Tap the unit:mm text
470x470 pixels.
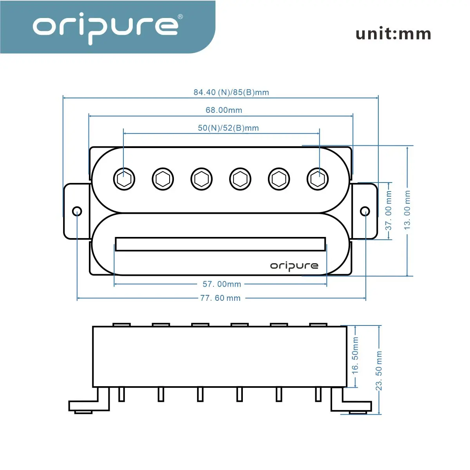click(393, 34)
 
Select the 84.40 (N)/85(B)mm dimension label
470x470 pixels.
click(231, 92)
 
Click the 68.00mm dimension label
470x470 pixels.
click(224, 110)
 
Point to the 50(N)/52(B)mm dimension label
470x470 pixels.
click(228, 128)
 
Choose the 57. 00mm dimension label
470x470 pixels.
click(222, 284)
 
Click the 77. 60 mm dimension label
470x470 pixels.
click(220, 298)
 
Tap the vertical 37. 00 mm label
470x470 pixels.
click(389, 210)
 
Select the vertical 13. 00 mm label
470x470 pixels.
click(408, 210)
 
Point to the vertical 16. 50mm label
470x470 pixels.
click(355, 355)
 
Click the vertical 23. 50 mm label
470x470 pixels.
click(379, 371)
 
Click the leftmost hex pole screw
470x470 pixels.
click(124, 179)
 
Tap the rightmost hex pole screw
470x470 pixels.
click(317, 179)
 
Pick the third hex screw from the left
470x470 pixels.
click(201, 179)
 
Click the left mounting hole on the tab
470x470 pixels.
click(77, 211)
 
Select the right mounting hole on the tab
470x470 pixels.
click(365, 211)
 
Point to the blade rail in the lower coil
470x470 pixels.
click(220, 244)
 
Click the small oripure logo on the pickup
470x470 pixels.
click(294, 266)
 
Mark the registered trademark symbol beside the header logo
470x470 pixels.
click(180, 17)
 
